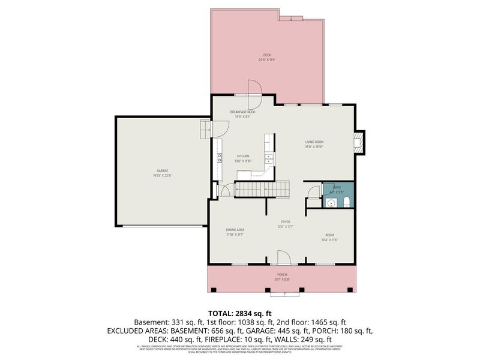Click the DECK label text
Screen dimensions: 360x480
[x=266, y=55]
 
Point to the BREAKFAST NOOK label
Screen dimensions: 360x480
[x=242, y=112]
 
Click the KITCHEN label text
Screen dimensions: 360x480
[x=242, y=156]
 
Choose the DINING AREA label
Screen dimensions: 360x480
[x=235, y=230]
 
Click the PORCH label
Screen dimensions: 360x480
[x=281, y=274]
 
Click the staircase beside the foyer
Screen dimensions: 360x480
[x=260, y=190]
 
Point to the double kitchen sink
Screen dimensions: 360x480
[x=269, y=159]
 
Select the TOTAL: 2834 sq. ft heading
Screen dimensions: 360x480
[x=240, y=313]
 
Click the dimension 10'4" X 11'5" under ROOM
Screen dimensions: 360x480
[x=329, y=240]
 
